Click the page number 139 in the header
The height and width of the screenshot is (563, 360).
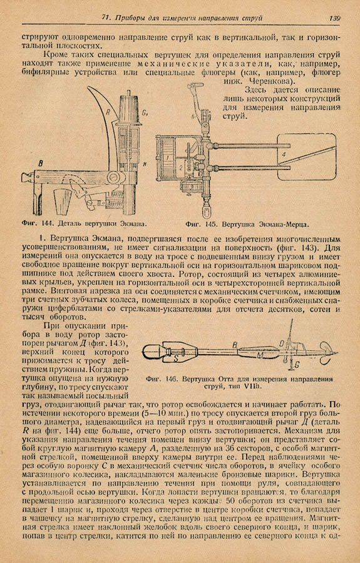coord(334,18)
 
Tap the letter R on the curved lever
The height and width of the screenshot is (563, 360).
coord(107,112)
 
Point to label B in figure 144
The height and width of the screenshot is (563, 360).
coord(41,164)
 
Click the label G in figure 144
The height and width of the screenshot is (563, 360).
coord(145,113)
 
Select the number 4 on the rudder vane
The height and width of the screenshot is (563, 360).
coord(284,155)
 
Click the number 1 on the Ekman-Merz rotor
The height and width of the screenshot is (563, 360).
coord(168,157)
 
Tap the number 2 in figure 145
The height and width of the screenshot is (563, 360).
coord(181,167)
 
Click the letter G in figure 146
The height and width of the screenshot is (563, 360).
coord(297,365)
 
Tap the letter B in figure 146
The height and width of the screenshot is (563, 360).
coord(235,345)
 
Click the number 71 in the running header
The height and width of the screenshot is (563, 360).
coord(106,18)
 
